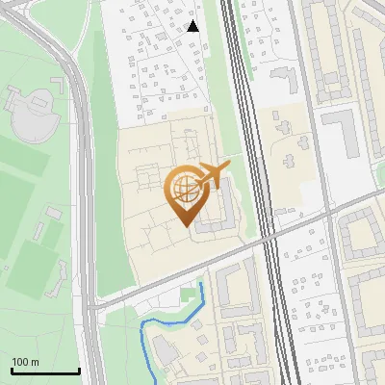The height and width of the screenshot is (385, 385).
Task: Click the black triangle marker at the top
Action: click(192, 26)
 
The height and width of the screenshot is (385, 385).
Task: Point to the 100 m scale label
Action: click(25, 362)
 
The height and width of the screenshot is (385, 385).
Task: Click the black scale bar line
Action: click(44, 372)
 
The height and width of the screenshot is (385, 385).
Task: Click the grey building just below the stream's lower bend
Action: click(164, 352)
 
